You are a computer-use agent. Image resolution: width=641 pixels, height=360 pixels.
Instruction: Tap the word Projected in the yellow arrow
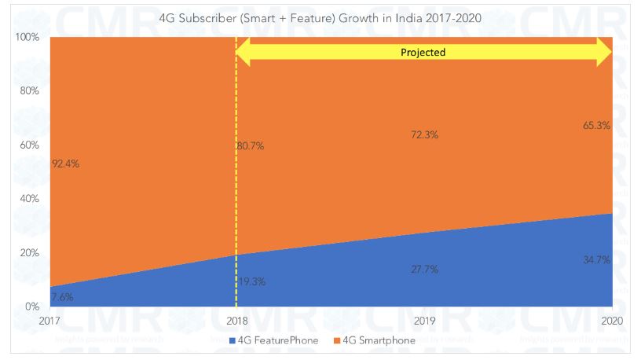(x=424, y=53)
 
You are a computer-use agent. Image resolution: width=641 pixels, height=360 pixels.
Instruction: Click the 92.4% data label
(x=64, y=164)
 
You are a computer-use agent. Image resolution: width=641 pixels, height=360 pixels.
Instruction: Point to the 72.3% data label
(x=424, y=135)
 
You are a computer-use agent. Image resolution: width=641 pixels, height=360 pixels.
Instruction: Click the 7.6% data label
(x=61, y=297)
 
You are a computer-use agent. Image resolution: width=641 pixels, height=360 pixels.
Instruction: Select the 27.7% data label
(x=424, y=269)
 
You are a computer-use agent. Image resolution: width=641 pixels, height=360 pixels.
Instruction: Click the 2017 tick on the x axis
(x=49, y=320)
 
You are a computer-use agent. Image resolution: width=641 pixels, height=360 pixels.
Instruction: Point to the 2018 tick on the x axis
(x=236, y=320)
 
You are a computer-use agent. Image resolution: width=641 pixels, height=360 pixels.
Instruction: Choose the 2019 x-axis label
(x=424, y=320)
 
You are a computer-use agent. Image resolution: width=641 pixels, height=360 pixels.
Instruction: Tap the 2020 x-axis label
(x=612, y=320)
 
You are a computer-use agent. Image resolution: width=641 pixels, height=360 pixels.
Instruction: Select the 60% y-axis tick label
(x=29, y=145)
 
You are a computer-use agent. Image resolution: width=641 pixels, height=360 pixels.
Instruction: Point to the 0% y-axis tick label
(x=32, y=307)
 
